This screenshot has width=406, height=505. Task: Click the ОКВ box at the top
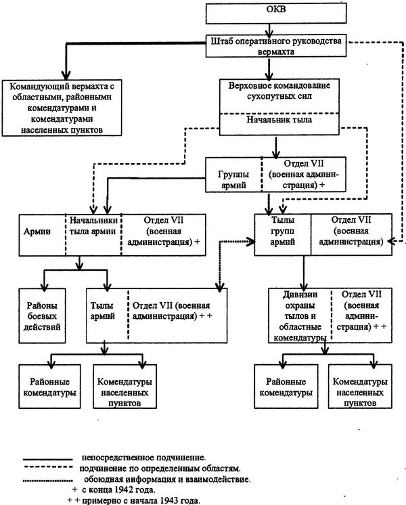(276, 14)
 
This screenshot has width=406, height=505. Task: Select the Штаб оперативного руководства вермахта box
(276, 46)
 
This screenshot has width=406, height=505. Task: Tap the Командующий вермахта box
(62, 108)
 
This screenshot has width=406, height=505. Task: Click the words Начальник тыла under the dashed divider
(279, 120)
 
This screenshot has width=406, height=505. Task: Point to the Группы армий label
(233, 179)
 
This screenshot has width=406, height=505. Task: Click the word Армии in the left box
(37, 232)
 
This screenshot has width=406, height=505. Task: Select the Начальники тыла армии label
(93, 226)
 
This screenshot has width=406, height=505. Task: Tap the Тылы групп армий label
(283, 231)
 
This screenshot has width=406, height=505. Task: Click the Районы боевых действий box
(42, 315)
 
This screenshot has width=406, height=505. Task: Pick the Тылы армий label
(102, 311)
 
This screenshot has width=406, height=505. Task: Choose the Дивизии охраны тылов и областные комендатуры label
(300, 316)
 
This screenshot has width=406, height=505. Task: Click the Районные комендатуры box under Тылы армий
(49, 387)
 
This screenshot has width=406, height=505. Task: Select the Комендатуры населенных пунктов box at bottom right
(360, 387)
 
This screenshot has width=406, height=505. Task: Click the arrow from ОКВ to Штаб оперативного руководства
(269, 30)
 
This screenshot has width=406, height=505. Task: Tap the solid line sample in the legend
(47, 459)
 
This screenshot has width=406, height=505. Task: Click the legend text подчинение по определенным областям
(160, 468)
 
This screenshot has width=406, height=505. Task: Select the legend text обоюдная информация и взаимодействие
(167, 479)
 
